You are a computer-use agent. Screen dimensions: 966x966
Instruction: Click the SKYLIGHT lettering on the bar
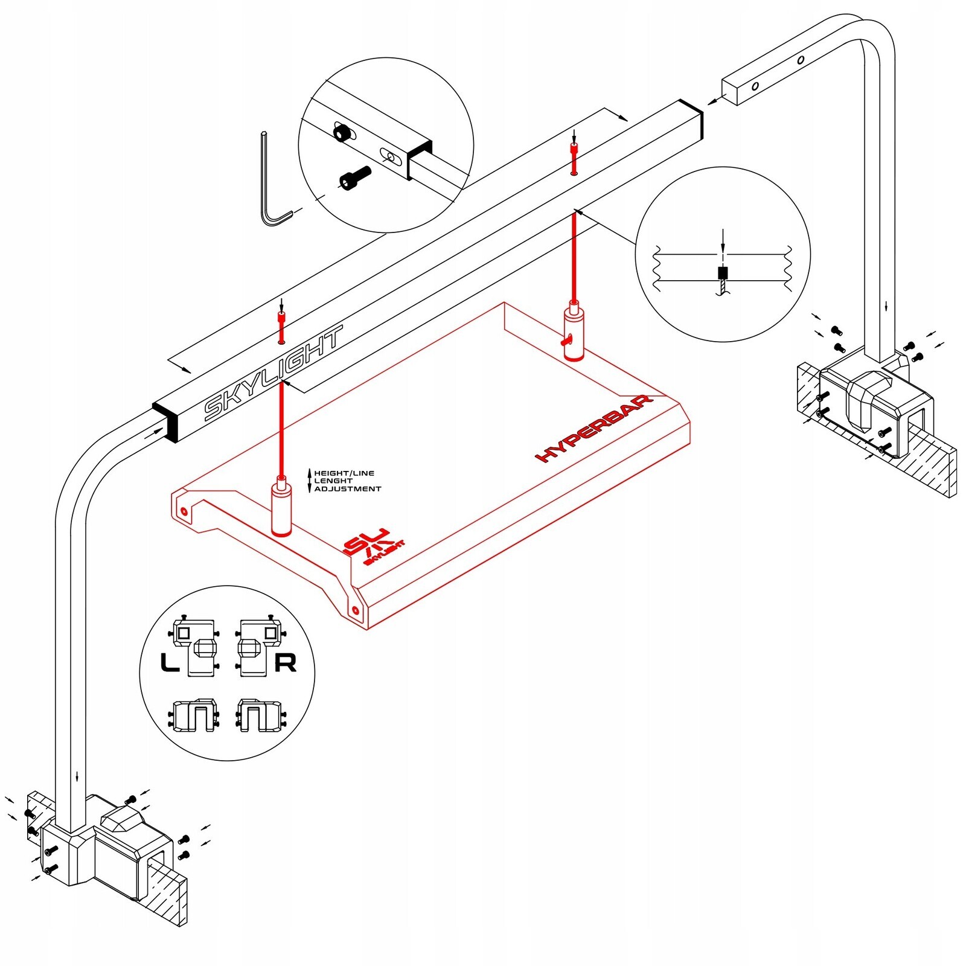point(273,373)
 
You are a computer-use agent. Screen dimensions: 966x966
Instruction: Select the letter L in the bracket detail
point(170,663)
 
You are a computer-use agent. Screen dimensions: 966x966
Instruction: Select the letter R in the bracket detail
point(285,663)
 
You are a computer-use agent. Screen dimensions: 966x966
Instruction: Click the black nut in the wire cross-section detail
point(723,273)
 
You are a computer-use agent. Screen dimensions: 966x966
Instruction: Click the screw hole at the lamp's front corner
point(356,610)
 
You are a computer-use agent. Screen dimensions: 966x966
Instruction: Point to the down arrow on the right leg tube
point(886,305)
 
